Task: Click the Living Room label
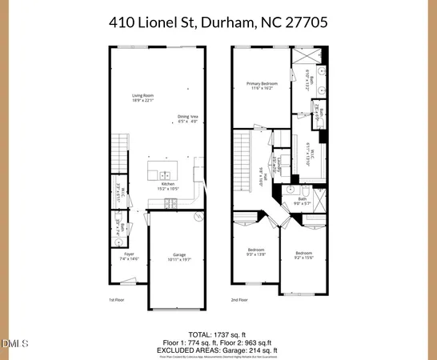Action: (142, 98)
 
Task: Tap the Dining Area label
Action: (187, 119)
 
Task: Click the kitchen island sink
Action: (163, 175)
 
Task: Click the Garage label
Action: (176, 257)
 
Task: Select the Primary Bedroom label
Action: (262, 86)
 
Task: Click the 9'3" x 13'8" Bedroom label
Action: (256, 252)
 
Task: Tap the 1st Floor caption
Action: (118, 300)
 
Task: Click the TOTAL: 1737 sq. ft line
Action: (218, 333)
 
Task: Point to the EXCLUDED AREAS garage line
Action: (218, 349)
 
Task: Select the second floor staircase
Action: (243, 160)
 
